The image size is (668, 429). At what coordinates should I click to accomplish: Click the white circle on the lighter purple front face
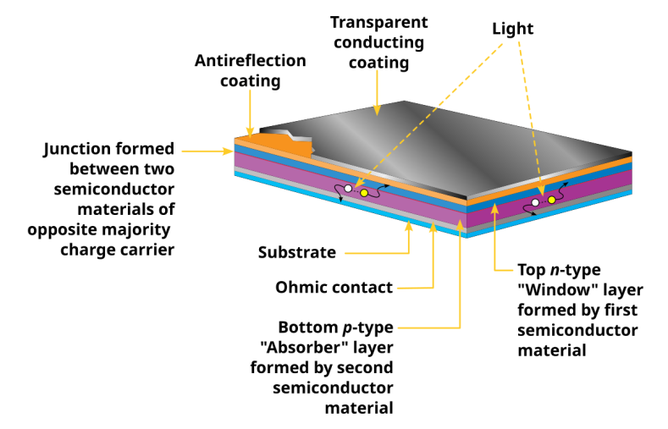[x=348, y=189]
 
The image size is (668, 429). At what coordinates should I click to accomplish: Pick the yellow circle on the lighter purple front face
[x=364, y=193]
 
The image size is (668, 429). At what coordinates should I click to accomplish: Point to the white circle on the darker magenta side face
[x=535, y=203]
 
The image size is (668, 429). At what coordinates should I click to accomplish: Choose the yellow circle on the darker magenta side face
[x=551, y=200]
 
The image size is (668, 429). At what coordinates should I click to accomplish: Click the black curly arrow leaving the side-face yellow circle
[x=562, y=190]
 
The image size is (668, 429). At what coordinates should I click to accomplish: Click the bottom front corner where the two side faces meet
[x=466, y=235]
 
